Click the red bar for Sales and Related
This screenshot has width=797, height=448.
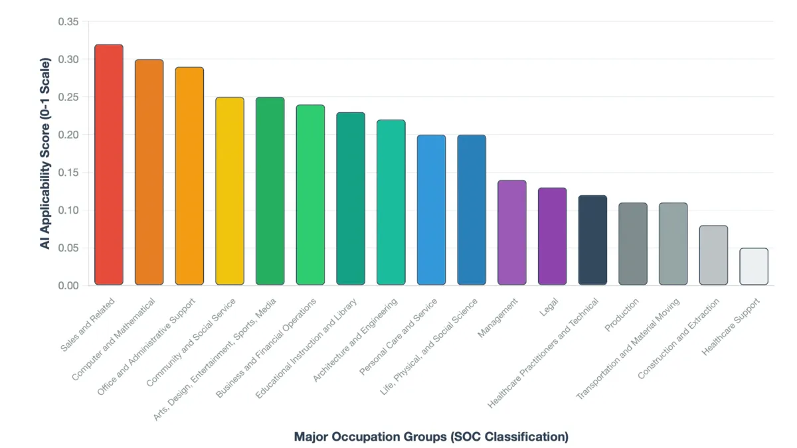109,165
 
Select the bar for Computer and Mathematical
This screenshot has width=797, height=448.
149,173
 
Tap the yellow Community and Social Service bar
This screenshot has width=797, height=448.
230,191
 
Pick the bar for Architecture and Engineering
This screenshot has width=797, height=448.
391,202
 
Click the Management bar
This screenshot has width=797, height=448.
512,232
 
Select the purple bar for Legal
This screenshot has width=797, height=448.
552,236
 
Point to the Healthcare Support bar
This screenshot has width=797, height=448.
754,267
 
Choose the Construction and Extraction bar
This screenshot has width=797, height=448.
713,256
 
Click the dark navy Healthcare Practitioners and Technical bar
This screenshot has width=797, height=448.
592,240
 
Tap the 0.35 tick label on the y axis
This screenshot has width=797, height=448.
68,22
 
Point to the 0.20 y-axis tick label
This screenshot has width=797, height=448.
68,135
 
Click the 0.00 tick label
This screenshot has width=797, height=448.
68,285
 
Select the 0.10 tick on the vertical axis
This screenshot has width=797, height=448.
68,210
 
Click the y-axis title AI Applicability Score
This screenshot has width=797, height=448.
44,153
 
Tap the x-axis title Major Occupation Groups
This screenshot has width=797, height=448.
431,437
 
